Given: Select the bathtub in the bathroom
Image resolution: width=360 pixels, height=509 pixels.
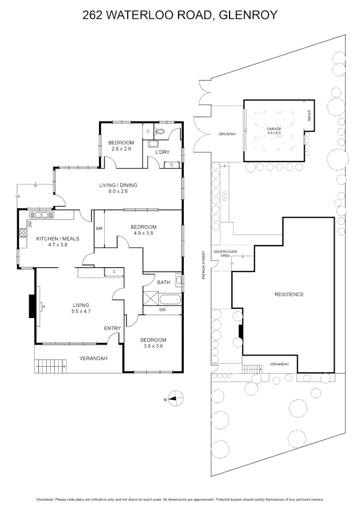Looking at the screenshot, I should point(169,299).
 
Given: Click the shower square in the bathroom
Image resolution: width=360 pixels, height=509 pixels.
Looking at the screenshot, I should point(151,299).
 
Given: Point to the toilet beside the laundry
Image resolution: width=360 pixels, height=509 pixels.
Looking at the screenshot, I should point(160,131).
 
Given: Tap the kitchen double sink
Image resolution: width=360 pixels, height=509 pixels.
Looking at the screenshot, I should point(41,215).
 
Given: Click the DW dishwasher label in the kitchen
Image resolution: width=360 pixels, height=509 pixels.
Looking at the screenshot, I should point(29,223).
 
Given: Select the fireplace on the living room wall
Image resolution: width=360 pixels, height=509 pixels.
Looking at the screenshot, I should point(33,307).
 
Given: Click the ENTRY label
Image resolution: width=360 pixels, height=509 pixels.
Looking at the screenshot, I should point(112,328).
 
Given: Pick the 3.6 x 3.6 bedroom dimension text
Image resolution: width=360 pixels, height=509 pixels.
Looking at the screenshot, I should point(153,346).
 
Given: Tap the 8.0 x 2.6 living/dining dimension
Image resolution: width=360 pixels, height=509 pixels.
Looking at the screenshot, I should point(118,191).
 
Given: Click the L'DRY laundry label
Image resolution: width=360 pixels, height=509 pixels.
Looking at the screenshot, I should point(163,152).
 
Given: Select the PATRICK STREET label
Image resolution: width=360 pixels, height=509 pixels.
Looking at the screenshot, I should point(204,265).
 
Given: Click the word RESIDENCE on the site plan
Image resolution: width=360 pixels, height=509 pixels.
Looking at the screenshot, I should point(289,295).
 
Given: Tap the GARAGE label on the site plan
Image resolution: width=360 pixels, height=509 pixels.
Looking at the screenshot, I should point(274,129).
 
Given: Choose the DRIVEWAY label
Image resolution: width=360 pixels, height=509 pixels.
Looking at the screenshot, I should point(227,134).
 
